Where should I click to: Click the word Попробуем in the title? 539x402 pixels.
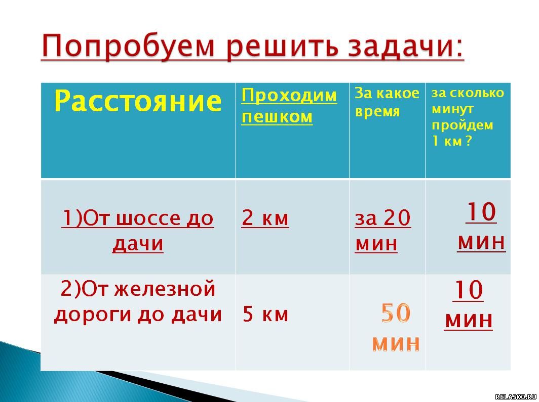tap(128, 47)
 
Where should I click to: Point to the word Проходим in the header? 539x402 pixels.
tap(289, 95)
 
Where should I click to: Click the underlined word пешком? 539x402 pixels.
tap(277, 117)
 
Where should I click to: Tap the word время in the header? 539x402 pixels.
tap(377, 112)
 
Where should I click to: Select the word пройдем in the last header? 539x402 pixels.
tap(463, 125)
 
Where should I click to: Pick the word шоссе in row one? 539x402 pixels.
tap(148, 218)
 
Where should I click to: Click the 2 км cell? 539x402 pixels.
tap(265, 218)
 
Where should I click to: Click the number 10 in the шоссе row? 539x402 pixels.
tap(481, 212)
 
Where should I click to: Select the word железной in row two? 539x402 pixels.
tap(165, 289)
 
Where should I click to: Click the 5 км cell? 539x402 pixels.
tap(265, 314)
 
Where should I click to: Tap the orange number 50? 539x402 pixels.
tap(396, 312)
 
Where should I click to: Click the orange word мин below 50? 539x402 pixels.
tap(396, 343)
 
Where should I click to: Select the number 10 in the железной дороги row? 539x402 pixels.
tap(468, 290)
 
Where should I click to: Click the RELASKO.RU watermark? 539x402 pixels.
tap(516, 397)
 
